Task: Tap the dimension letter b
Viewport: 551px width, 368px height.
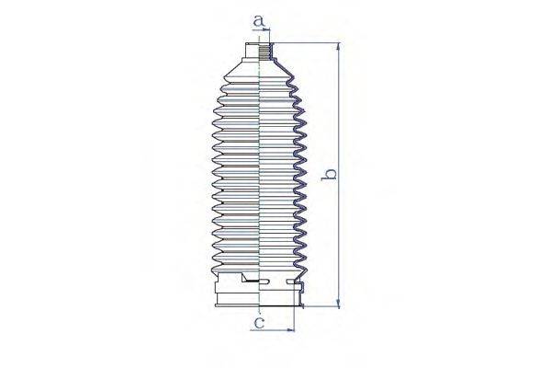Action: (x=332, y=173)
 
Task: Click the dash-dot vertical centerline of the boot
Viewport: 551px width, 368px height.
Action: (x=262, y=184)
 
